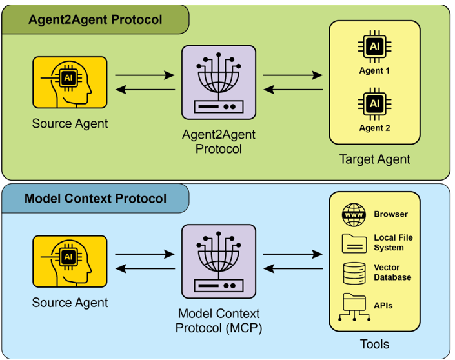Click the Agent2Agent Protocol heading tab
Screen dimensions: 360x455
pos(95,19)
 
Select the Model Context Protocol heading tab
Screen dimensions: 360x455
pos(95,198)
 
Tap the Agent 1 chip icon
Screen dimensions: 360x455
pos(374,46)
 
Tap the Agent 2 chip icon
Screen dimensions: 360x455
pos(374,103)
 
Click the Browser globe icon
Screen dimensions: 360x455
pos(354,214)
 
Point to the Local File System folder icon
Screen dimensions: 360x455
pos(354,243)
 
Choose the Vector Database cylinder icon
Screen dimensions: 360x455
pos(354,272)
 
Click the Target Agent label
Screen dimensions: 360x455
pos(374,159)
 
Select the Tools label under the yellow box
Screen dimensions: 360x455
pos(374,344)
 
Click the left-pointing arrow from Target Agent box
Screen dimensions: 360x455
pos(293,90)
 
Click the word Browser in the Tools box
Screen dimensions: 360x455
pos(390,214)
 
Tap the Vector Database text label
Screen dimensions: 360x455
pos(392,272)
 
